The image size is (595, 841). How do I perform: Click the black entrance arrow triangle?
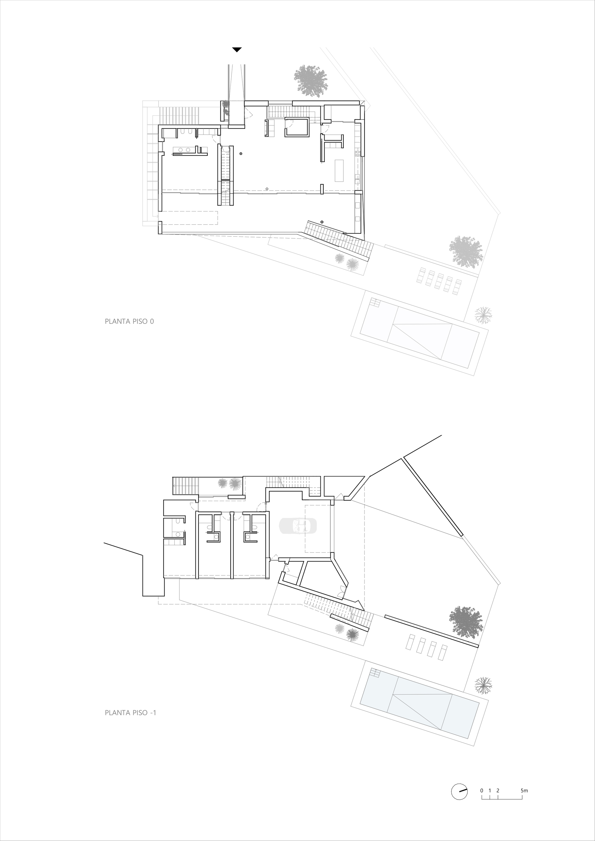point(237,49)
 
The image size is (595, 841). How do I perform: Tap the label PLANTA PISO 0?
point(129,321)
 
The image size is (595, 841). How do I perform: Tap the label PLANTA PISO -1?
point(130,713)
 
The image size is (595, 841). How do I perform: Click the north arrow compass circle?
point(459,801)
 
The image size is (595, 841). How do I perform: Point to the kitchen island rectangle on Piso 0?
point(339,170)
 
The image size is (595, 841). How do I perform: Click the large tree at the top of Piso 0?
point(310,81)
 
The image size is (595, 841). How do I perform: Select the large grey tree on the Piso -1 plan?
point(466,621)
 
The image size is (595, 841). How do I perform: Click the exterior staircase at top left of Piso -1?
point(185,486)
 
